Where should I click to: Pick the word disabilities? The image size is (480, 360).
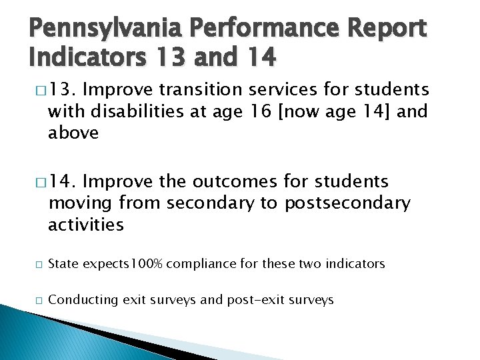click(137, 111)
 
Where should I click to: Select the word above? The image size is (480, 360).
click(73, 133)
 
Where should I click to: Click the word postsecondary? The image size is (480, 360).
click(347, 203)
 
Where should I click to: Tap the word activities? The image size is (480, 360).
click(86, 225)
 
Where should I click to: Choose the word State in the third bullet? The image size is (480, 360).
click(63, 264)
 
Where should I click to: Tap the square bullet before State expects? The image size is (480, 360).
click(34, 265)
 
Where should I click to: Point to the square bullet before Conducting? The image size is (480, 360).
click(34, 301)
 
